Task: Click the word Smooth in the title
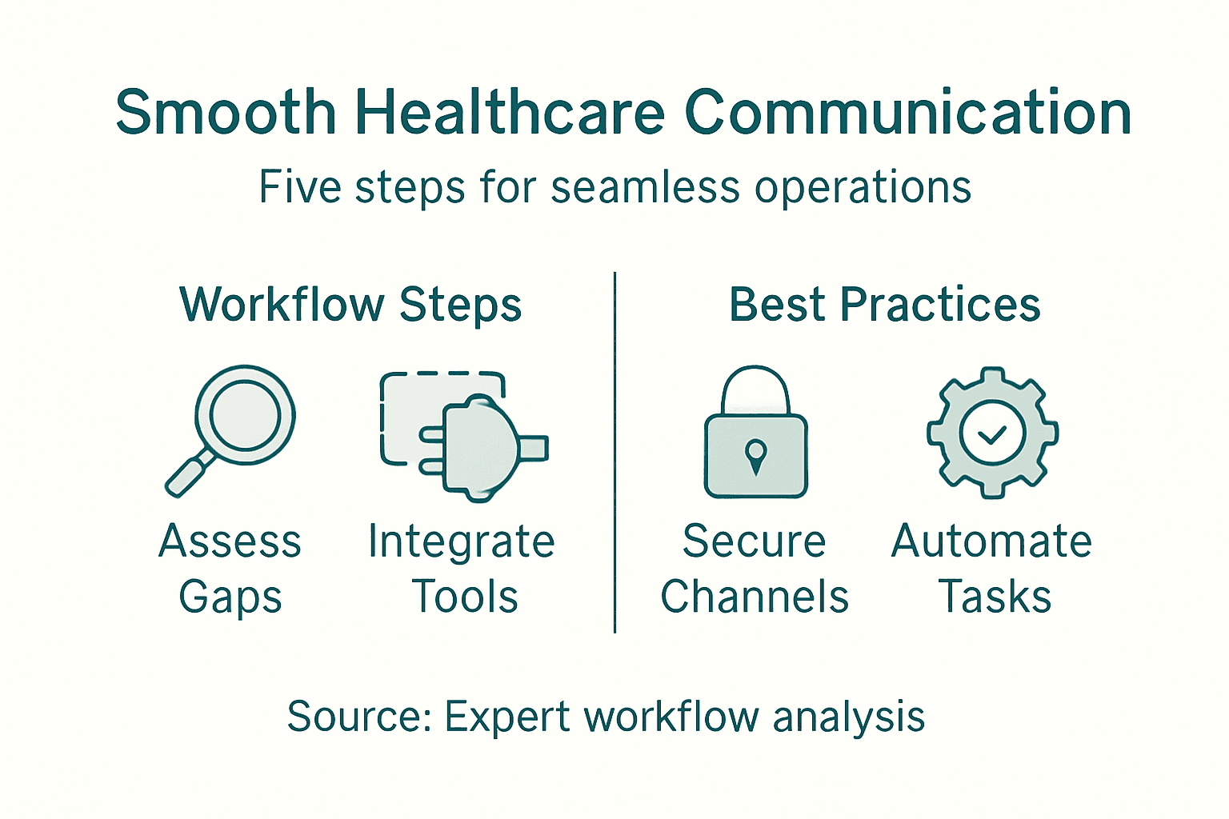point(226,112)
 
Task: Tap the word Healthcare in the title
point(510,112)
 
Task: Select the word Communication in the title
point(908,112)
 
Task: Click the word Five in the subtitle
point(301,188)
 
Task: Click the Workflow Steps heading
point(350,305)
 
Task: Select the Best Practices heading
point(884,305)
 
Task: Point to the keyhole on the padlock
point(755,456)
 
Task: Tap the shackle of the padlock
point(755,388)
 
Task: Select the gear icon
point(992,433)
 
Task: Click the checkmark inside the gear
point(992,434)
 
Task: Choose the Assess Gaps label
point(230,569)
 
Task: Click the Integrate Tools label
point(462,569)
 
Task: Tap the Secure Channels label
point(755,569)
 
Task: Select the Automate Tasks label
point(992,569)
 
